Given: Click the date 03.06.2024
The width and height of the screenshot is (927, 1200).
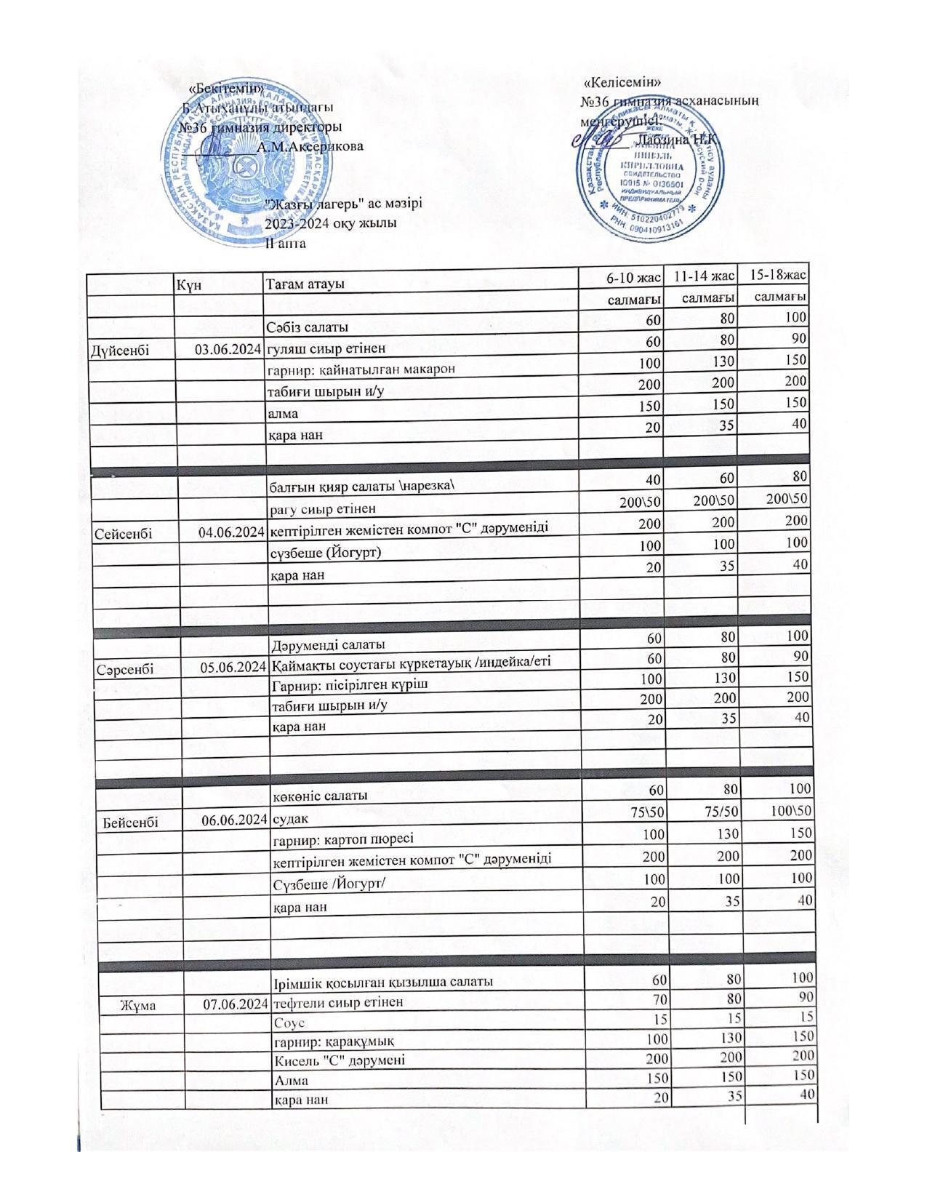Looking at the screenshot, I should (x=228, y=350).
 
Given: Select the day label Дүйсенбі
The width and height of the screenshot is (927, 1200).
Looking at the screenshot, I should (x=120, y=351).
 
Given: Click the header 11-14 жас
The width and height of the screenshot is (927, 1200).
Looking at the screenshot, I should (x=704, y=276).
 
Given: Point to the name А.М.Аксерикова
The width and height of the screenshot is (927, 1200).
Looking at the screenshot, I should (x=310, y=146).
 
